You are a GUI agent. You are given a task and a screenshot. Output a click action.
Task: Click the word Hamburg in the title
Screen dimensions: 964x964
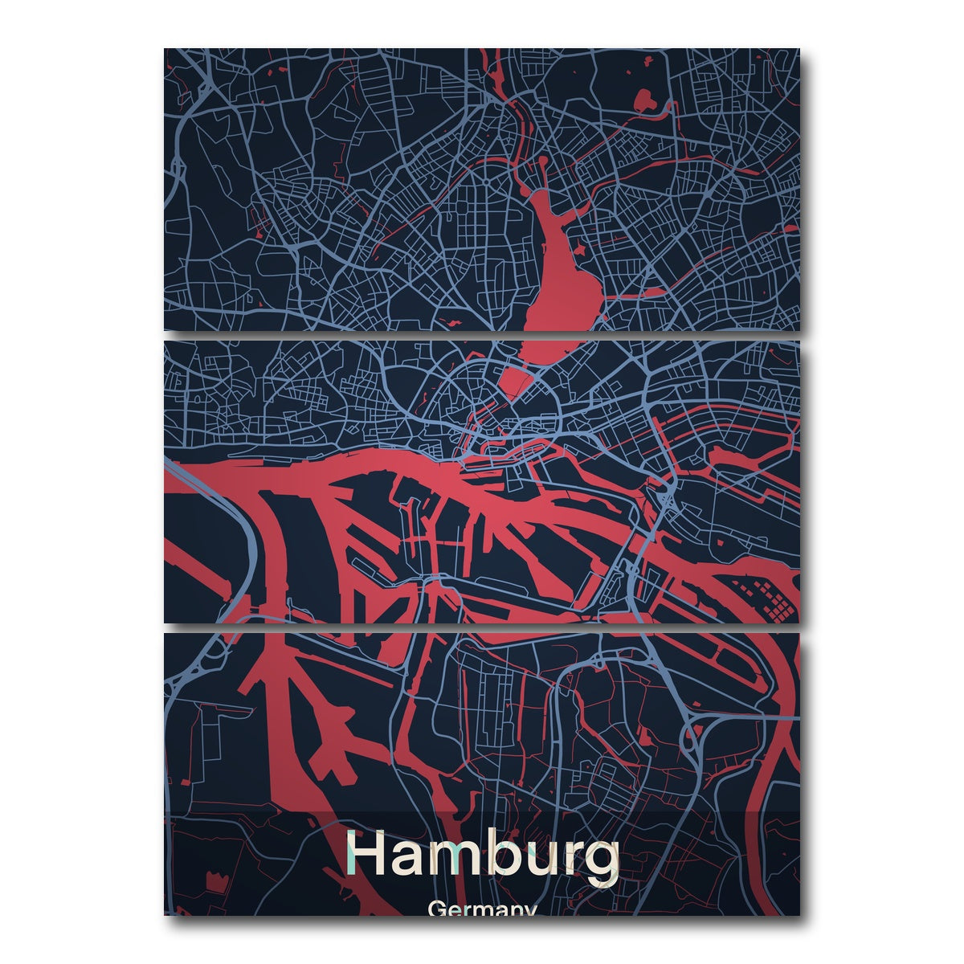(482, 856)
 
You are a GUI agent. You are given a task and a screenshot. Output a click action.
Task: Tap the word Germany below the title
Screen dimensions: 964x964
(482, 909)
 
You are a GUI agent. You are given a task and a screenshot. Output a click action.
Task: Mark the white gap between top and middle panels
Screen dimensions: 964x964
(482, 335)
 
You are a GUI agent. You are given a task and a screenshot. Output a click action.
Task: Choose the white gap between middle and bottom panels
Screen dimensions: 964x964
(482, 627)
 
